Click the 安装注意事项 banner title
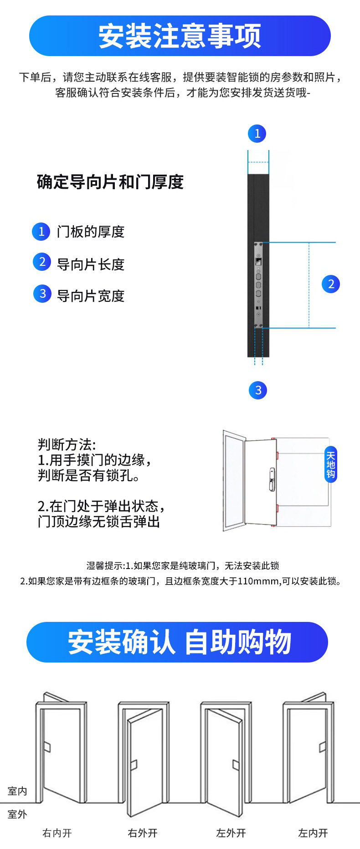click(180, 36)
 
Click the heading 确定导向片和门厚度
click(110, 182)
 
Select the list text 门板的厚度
click(91, 232)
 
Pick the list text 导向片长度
click(91, 264)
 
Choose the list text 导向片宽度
click(91, 296)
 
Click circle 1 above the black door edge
click(257, 133)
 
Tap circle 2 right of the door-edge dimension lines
click(331, 284)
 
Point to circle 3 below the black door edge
click(258, 390)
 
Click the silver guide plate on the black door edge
click(258, 285)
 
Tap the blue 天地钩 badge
click(331, 464)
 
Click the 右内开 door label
click(57, 833)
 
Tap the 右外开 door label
click(143, 833)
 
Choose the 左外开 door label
click(231, 833)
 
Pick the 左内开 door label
click(313, 833)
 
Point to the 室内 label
click(17, 791)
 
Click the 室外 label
click(17, 814)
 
